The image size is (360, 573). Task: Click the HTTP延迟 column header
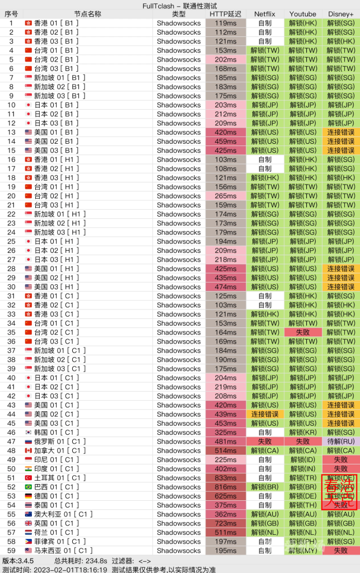[226, 14]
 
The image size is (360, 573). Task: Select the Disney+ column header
[341, 14]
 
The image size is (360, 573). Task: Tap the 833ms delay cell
[226, 478]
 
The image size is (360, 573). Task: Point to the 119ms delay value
[226, 23]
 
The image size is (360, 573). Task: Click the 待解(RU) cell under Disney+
[341, 442]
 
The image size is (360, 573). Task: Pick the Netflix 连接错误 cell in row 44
[265, 414]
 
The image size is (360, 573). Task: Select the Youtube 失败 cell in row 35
[303, 332]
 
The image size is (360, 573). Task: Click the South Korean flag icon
[29, 433]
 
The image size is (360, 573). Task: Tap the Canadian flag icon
[29, 450]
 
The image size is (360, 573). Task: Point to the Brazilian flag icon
[29, 487]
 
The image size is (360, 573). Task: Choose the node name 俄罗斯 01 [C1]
[60, 442]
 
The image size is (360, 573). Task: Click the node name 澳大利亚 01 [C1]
[63, 514]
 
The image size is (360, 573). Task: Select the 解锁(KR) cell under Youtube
[303, 433]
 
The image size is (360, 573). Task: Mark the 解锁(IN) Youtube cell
[303, 469]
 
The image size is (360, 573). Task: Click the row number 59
[11, 551]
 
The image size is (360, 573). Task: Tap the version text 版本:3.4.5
[18, 560]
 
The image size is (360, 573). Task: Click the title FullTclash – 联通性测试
[180, 5]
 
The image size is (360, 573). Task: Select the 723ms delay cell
[226, 523]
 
